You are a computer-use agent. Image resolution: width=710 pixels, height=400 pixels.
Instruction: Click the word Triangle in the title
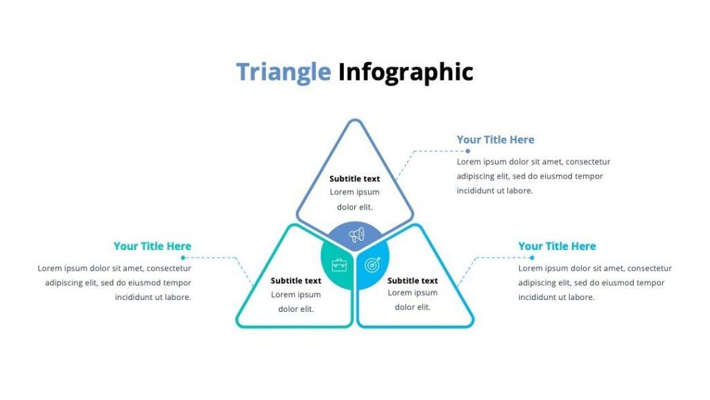point(283,72)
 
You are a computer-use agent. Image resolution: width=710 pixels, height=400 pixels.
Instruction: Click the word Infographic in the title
point(406,72)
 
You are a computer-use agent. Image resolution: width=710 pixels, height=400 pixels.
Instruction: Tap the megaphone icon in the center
point(356,235)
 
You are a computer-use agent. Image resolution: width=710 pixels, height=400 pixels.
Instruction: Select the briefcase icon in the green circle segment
point(339,265)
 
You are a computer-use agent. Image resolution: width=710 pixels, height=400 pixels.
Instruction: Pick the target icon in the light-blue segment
point(373,265)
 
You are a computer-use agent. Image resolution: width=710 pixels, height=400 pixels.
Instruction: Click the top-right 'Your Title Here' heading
point(495,140)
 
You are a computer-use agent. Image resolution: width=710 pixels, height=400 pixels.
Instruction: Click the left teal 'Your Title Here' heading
point(152,246)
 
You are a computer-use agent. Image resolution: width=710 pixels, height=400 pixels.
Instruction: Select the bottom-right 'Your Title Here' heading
point(557,246)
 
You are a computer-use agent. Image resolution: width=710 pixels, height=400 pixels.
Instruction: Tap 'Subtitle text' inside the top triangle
point(354,178)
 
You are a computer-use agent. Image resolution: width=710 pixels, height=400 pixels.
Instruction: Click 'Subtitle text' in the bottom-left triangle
point(296,281)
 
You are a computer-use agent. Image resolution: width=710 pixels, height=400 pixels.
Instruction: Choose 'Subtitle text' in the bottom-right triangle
point(413,281)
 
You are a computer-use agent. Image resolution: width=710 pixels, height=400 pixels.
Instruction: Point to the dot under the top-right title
point(467,151)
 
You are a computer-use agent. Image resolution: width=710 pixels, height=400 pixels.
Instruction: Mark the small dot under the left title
point(182,258)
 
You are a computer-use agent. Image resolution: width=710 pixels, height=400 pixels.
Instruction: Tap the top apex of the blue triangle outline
point(355,122)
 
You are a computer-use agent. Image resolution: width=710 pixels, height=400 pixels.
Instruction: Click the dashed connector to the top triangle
point(437,151)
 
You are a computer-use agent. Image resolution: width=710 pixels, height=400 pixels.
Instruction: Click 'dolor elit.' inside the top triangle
point(354,207)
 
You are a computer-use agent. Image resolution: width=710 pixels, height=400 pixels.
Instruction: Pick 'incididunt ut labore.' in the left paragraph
point(153,297)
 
